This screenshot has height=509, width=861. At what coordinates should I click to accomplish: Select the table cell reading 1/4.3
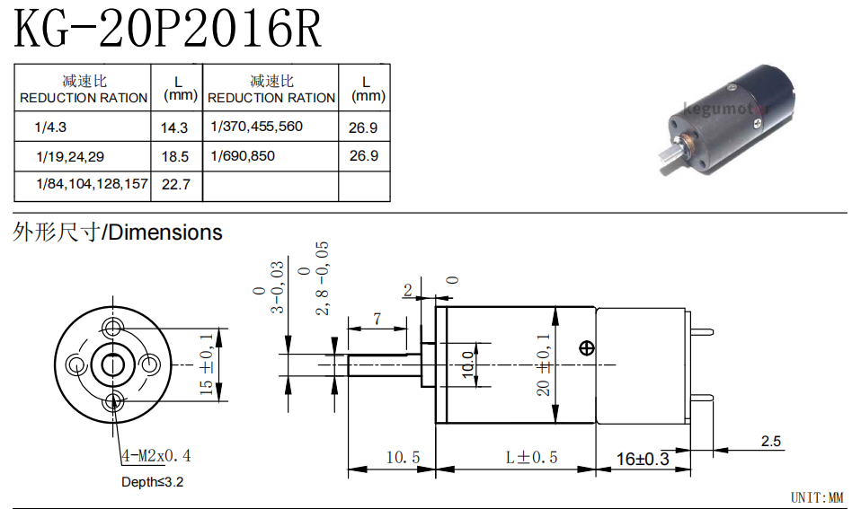point(50,127)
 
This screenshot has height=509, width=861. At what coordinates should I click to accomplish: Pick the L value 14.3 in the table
point(174,127)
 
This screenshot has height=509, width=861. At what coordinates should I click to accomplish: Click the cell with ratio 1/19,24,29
point(70,157)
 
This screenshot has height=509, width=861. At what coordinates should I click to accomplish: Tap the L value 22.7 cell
point(176,184)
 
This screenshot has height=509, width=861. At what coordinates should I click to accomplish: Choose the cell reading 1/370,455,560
point(256,127)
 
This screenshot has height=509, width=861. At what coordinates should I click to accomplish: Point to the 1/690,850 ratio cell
point(243,156)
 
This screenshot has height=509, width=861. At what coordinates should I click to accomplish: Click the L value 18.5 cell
point(175,157)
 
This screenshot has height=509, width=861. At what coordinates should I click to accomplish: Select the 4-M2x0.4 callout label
point(156,455)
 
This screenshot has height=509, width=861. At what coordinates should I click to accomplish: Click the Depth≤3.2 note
point(152,482)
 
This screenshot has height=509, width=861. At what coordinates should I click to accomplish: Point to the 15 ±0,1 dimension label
point(206,364)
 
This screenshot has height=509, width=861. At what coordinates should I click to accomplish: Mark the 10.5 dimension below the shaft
point(403,458)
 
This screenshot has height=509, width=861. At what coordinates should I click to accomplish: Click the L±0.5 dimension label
point(531,458)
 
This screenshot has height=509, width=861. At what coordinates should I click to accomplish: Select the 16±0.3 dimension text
point(643,459)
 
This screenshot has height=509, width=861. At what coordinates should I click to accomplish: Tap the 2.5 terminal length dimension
point(771,441)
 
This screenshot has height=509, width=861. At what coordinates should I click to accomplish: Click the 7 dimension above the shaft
point(377,319)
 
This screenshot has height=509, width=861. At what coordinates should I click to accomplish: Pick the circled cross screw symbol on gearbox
point(587,347)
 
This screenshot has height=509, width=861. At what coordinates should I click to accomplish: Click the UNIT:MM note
point(817,497)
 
